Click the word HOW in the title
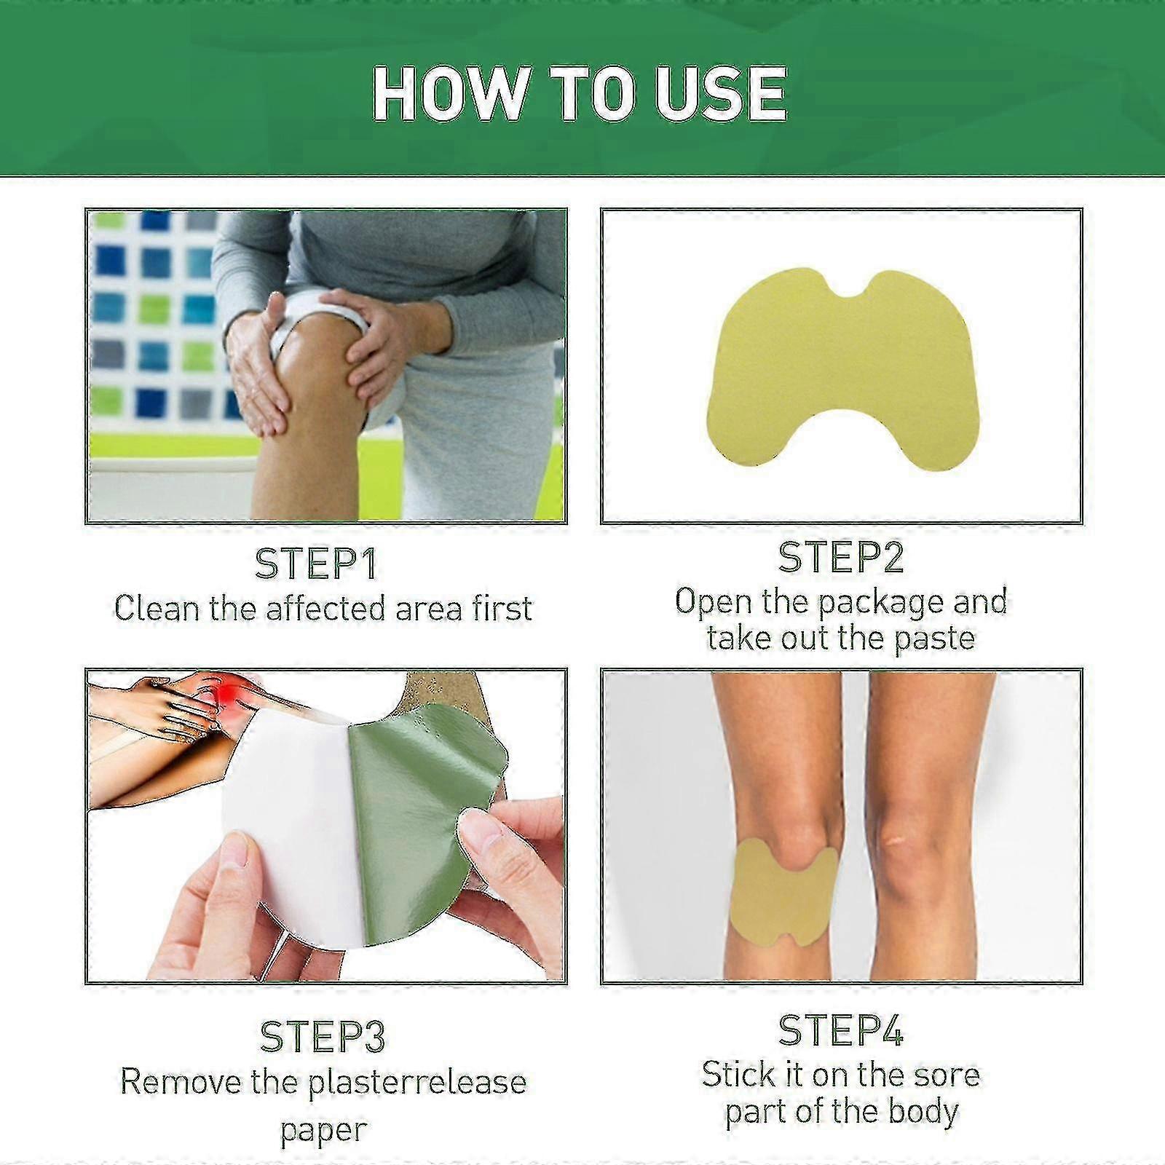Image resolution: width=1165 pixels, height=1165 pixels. [450, 93]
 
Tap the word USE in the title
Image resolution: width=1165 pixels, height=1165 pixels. [720, 93]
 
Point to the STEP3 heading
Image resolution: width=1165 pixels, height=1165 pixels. [322, 1036]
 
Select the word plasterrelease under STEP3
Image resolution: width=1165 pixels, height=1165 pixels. [417, 1082]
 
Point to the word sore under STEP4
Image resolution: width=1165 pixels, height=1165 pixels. [945, 1075]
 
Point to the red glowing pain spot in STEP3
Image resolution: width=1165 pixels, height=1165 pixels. [232, 688]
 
